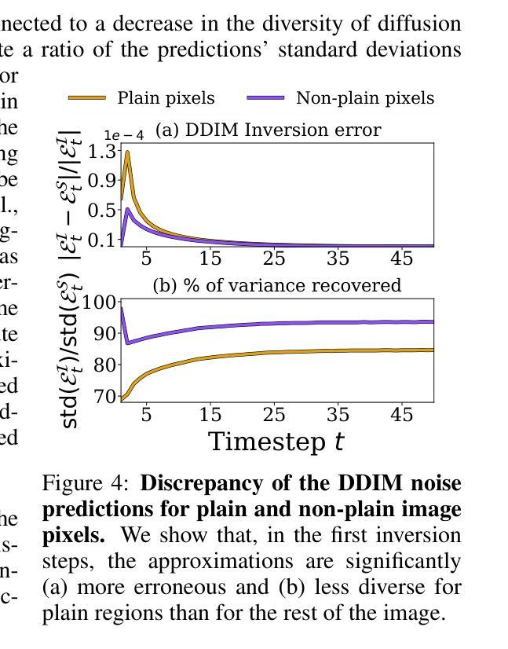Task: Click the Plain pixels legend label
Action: point(166,98)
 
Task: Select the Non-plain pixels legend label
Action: point(364,98)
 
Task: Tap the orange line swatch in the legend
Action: point(87,98)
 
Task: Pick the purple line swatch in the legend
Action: point(265,98)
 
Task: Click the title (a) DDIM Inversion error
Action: point(268,130)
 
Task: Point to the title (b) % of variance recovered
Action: point(276,285)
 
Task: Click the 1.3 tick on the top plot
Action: point(104,151)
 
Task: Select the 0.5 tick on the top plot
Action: point(104,211)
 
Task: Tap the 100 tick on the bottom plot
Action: point(101,302)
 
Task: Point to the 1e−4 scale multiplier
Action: point(124,135)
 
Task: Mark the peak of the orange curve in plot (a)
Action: point(126,152)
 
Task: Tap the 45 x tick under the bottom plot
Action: point(401,414)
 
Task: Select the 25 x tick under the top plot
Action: point(274,258)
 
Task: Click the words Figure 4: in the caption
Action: point(88,482)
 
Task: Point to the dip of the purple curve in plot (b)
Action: point(128,343)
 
